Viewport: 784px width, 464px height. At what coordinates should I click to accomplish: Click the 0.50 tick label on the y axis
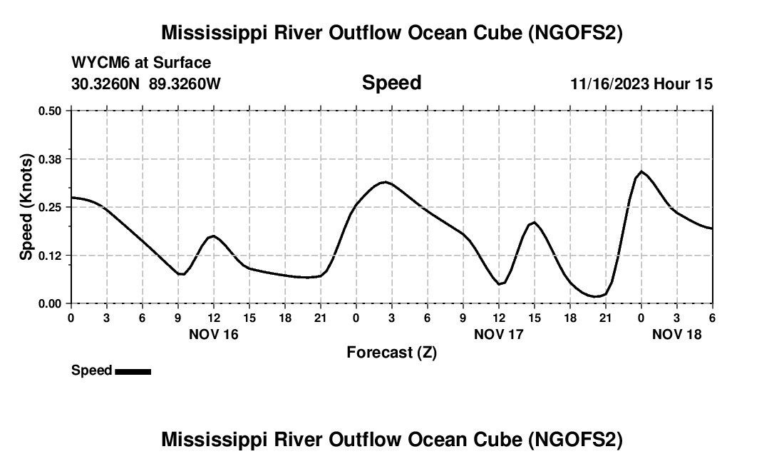(x=50, y=111)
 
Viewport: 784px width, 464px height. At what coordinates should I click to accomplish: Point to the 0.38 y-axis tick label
(x=50, y=158)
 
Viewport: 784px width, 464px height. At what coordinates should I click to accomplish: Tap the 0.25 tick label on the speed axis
(x=50, y=207)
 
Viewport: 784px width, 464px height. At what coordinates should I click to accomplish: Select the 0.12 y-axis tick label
(x=50, y=255)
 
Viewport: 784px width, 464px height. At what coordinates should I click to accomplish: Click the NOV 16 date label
(x=214, y=333)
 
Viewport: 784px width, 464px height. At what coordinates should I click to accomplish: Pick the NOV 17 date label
(x=499, y=333)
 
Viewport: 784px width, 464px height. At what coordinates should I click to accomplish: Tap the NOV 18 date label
(x=677, y=333)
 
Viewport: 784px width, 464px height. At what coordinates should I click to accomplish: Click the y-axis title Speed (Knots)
(x=26, y=207)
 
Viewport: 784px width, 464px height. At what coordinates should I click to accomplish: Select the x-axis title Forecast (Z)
(x=391, y=352)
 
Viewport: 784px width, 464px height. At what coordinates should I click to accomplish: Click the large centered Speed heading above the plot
(x=391, y=83)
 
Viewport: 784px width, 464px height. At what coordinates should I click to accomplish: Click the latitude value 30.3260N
(x=107, y=84)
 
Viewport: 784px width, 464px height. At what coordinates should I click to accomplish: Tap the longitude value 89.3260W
(x=185, y=84)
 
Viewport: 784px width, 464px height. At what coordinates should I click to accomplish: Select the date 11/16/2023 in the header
(x=609, y=84)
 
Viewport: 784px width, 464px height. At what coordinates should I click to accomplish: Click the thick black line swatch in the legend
(x=133, y=371)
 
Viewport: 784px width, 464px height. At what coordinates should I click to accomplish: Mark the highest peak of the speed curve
(x=641, y=172)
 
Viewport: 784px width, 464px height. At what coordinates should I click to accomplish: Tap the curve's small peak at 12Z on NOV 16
(x=213, y=236)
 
